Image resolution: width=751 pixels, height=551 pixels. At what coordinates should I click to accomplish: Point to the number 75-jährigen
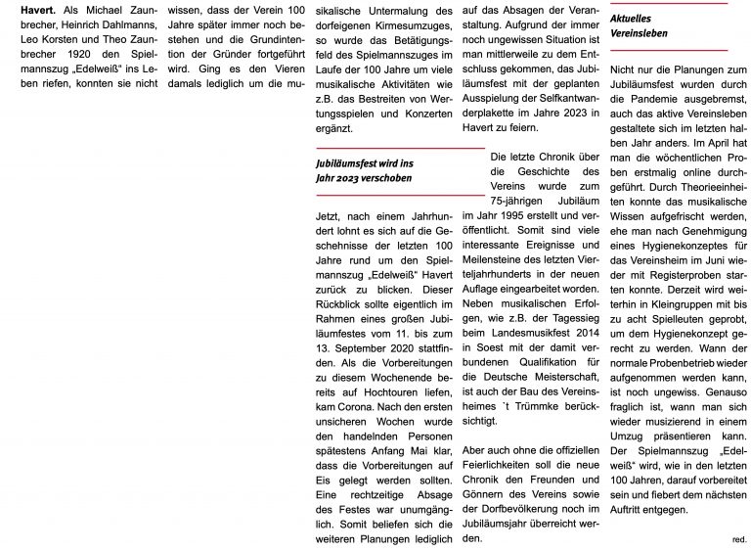tap(523, 194)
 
